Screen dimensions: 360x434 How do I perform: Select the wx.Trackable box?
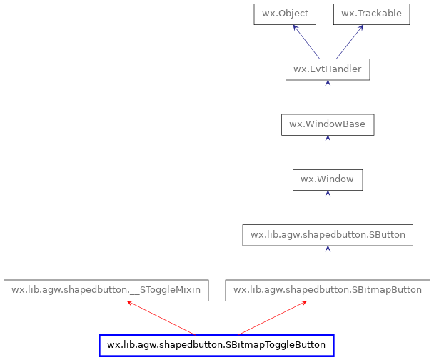click(371, 14)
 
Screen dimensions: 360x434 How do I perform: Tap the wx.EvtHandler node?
click(327, 69)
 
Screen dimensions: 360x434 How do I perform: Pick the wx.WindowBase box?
click(327, 124)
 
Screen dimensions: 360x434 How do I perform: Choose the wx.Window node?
click(327, 179)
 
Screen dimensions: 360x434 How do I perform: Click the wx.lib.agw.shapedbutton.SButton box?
click(328, 235)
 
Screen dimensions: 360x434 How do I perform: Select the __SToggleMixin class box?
click(106, 290)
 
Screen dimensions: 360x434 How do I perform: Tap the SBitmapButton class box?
click(328, 290)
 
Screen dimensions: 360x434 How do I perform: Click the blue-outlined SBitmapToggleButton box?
click(216, 346)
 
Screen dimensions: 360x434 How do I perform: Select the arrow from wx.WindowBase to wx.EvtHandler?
click(328, 96)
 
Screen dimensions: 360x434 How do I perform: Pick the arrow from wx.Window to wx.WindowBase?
click(328, 151)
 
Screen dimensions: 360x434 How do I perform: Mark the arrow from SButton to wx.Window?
click(328, 207)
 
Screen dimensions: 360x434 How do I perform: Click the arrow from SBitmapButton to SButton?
click(328, 262)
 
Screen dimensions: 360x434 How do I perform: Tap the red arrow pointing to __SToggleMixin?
click(161, 318)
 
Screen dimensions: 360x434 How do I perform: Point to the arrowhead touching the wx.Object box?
click(293, 28)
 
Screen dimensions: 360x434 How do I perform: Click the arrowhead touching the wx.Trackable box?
click(361, 29)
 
